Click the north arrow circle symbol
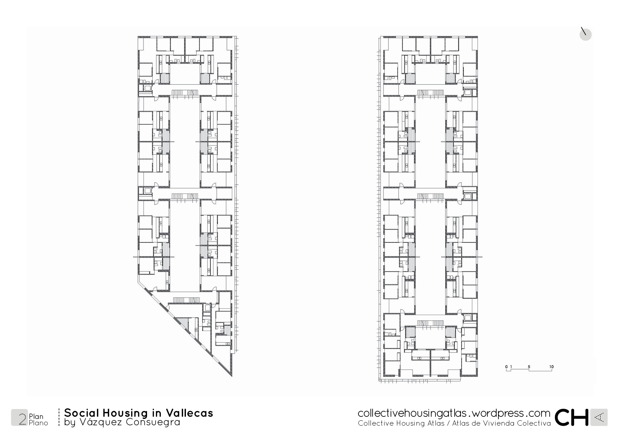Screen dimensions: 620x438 tap(585, 34)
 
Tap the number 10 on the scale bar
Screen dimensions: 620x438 tap(551, 367)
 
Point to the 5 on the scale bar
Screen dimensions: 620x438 tap(529, 367)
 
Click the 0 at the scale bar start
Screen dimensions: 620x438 tap(506, 367)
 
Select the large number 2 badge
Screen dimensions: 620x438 tap(19, 417)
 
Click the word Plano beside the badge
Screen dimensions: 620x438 tap(38, 423)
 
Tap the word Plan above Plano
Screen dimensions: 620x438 tap(36, 416)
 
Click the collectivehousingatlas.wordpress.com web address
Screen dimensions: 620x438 tap(454, 413)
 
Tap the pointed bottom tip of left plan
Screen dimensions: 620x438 tap(232, 376)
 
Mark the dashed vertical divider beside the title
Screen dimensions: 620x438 tap(59, 417)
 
